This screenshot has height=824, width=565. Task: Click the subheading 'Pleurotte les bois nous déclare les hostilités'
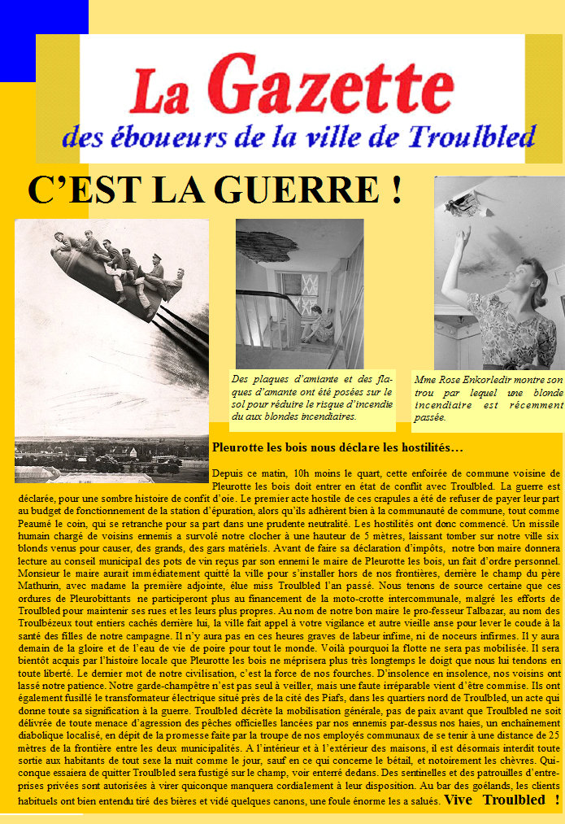(337, 447)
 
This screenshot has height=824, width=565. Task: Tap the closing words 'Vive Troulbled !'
(502, 799)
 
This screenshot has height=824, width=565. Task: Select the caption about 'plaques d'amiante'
(311, 398)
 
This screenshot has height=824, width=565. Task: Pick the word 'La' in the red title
(159, 91)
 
